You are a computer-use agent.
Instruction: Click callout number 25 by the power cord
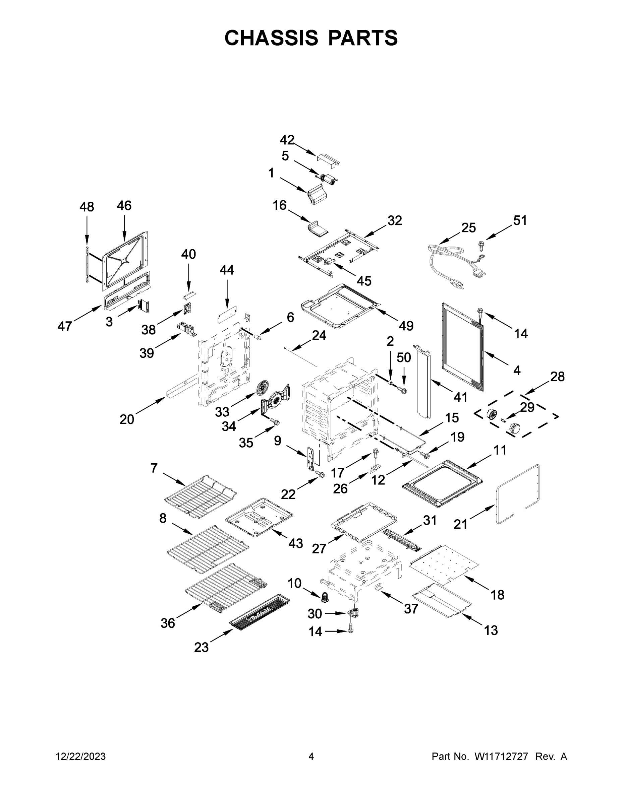pos(468,227)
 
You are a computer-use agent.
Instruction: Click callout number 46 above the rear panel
pos(124,205)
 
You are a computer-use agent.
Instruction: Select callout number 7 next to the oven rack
pos(154,468)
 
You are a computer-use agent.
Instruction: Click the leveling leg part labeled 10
pos(325,598)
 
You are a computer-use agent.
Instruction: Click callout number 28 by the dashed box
pos(557,376)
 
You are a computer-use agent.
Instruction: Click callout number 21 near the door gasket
pos(460,524)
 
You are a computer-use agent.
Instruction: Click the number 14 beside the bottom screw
pos(315,631)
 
